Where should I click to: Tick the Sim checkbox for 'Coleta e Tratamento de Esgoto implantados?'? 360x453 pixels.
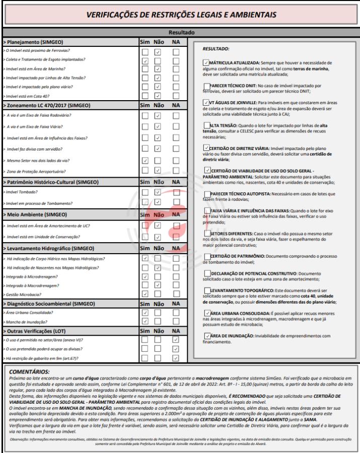pyautogui.click(x=146, y=60)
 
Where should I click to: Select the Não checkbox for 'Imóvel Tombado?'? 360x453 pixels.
pyautogui.click(x=158, y=192)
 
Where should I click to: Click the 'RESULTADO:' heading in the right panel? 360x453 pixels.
pyautogui.click(x=215, y=49)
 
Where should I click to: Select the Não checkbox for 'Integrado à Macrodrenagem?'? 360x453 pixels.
pyautogui.click(x=158, y=285)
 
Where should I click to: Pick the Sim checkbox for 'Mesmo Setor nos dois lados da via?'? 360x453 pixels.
pyautogui.click(x=146, y=161)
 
